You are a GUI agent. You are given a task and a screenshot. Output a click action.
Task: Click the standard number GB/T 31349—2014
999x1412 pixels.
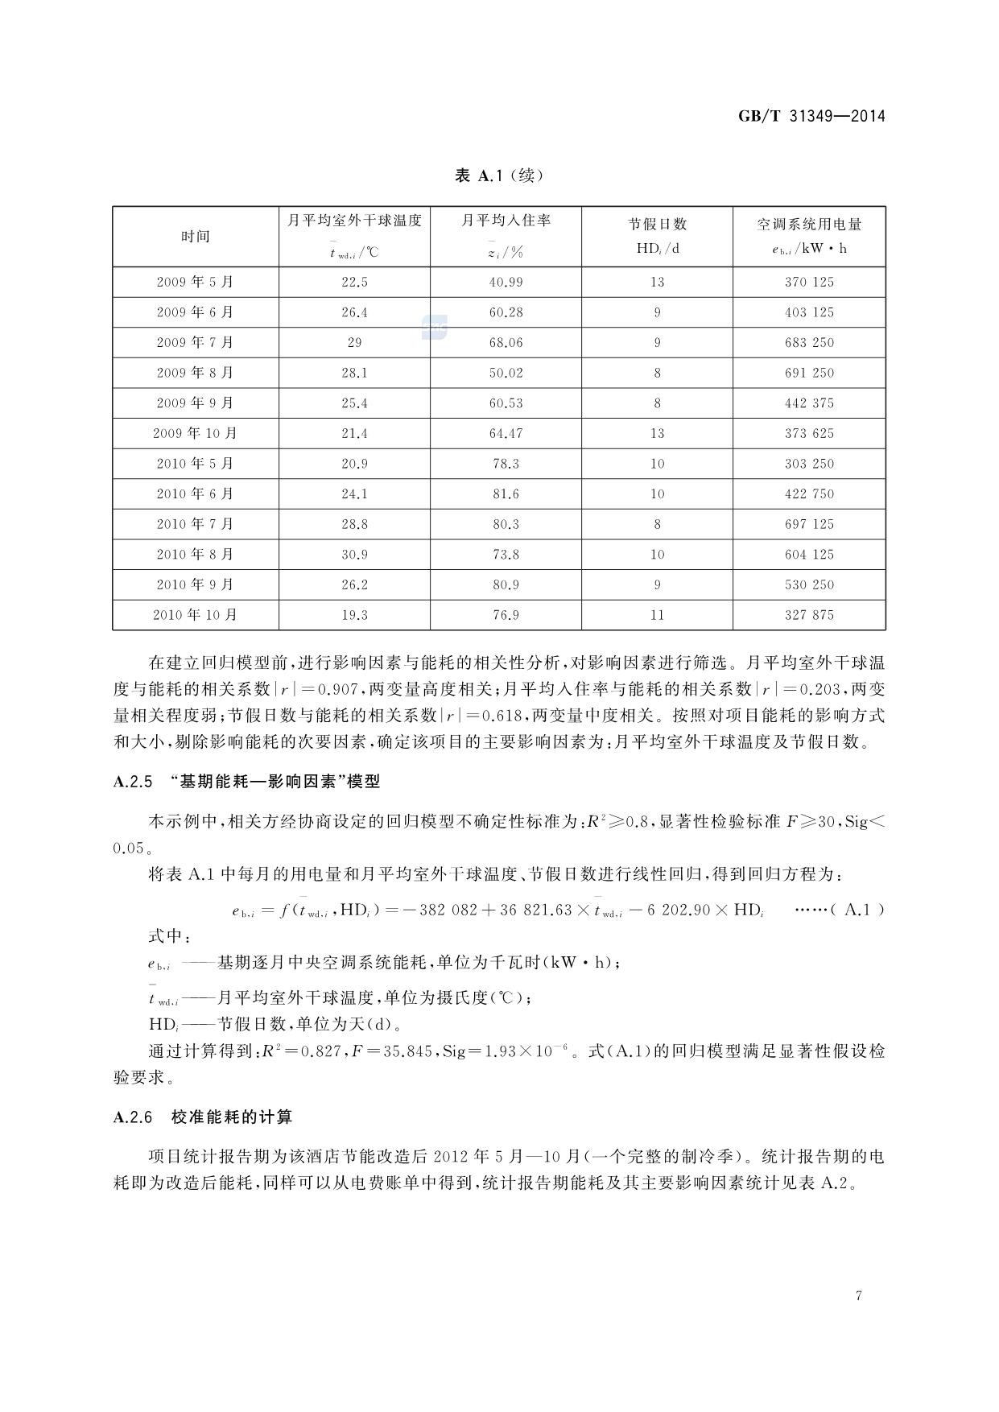811,116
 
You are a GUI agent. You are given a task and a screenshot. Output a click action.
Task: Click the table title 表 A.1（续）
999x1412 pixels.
499,175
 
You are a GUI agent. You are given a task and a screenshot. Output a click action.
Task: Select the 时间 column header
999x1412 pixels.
195,236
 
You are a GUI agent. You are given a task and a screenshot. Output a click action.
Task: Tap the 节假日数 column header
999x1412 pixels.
657,224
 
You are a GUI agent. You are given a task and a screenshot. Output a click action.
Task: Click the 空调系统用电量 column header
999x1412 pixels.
809,224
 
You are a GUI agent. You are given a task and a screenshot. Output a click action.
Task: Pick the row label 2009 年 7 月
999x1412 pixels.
195,342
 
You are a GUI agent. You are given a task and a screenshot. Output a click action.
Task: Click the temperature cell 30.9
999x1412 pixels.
354,554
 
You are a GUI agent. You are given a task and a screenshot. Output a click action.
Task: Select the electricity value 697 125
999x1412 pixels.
809,524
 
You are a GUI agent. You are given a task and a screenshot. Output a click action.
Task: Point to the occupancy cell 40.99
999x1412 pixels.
506,282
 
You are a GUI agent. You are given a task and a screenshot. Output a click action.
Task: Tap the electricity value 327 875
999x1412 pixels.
809,615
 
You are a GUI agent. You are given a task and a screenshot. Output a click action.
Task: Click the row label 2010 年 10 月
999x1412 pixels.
195,615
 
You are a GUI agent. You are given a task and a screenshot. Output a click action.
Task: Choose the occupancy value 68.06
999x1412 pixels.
506,342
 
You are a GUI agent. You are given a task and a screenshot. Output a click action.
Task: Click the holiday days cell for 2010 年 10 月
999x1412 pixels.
657,615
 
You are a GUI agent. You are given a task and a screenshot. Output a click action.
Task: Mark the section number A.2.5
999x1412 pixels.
133,782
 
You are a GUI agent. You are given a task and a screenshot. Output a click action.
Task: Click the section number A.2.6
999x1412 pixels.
133,1117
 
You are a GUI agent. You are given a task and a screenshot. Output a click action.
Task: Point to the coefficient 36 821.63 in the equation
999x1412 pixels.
523,910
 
